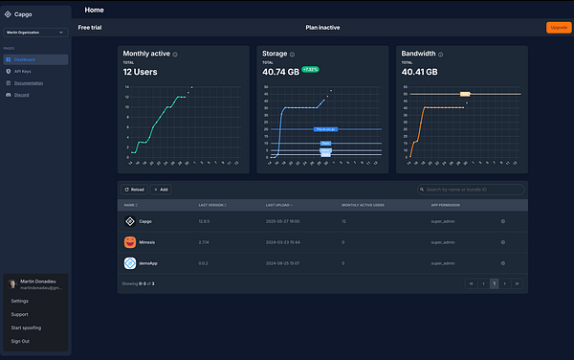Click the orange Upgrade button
(557, 27)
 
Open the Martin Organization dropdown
(36, 33)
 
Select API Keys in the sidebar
(24, 72)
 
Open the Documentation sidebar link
(29, 83)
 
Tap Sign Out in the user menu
(20, 341)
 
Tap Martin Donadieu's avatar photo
(11, 284)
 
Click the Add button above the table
(160, 190)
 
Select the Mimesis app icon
(130, 242)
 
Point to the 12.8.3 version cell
(204, 221)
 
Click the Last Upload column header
(279, 205)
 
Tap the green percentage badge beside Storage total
(311, 70)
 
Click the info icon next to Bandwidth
(443, 54)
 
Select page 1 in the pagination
(495, 284)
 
